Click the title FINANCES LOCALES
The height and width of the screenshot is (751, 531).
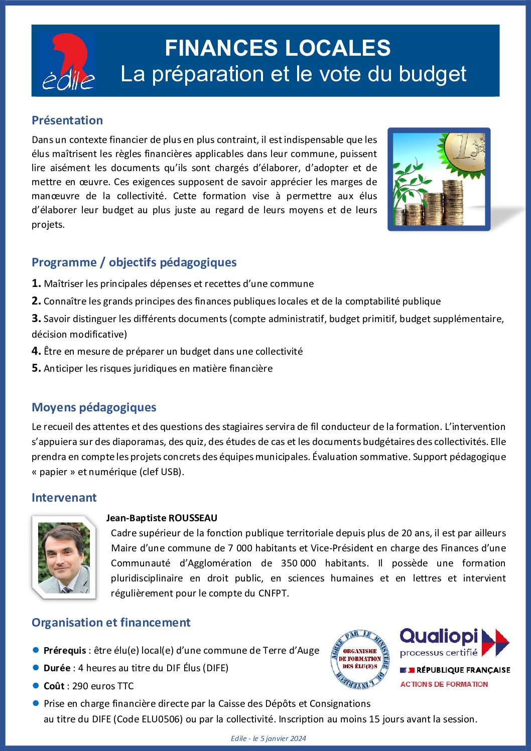pyautogui.click(x=278, y=48)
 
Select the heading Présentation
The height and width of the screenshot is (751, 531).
pyautogui.click(x=67, y=120)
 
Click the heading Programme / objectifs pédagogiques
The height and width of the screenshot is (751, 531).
pyautogui.click(x=134, y=262)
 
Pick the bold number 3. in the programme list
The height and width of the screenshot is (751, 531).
pyautogui.click(x=36, y=318)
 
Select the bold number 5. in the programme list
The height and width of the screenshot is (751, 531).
pyautogui.click(x=36, y=368)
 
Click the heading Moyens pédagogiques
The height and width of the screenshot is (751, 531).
pyautogui.click(x=94, y=407)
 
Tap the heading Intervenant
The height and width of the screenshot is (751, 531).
pyautogui.click(x=64, y=498)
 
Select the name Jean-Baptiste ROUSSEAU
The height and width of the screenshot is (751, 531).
pyautogui.click(x=162, y=518)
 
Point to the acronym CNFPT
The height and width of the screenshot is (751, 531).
pyautogui.click(x=273, y=593)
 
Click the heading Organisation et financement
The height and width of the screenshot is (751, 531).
pyautogui.click(x=111, y=623)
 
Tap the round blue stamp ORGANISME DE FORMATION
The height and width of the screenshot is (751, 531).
pyautogui.click(x=360, y=659)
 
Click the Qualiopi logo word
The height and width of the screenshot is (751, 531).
pyautogui.click(x=439, y=637)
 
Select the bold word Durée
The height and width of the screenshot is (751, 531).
pyautogui.click(x=57, y=668)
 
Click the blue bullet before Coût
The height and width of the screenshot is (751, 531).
pyautogui.click(x=36, y=685)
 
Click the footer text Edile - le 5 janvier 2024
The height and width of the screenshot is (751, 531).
pyautogui.click(x=268, y=738)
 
